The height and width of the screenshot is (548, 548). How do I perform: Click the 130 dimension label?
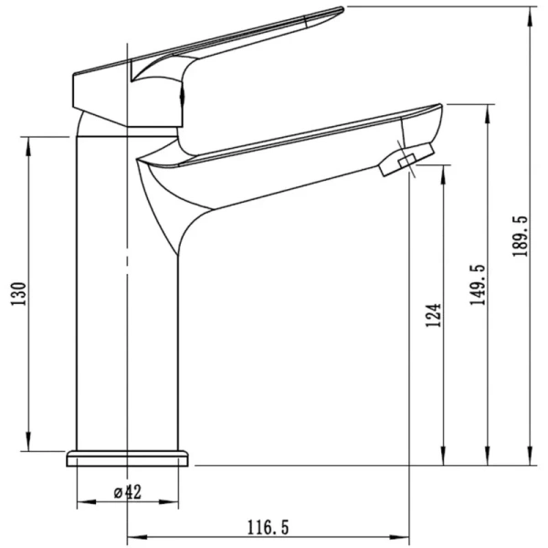(x=18, y=293)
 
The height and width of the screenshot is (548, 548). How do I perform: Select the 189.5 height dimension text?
(x=520, y=237)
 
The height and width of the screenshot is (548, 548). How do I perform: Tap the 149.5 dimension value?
(x=478, y=285)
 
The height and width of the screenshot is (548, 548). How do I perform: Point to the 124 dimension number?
(x=433, y=315)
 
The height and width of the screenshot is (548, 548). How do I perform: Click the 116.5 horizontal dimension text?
(x=269, y=527)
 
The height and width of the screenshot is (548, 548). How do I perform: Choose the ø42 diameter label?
(x=128, y=492)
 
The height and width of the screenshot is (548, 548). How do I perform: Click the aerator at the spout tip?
(x=407, y=160)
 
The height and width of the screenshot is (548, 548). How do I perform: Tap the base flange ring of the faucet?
(x=127, y=458)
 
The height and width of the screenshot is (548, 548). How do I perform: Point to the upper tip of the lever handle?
(x=342, y=9)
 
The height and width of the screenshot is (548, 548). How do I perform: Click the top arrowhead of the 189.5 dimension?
(x=531, y=16)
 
